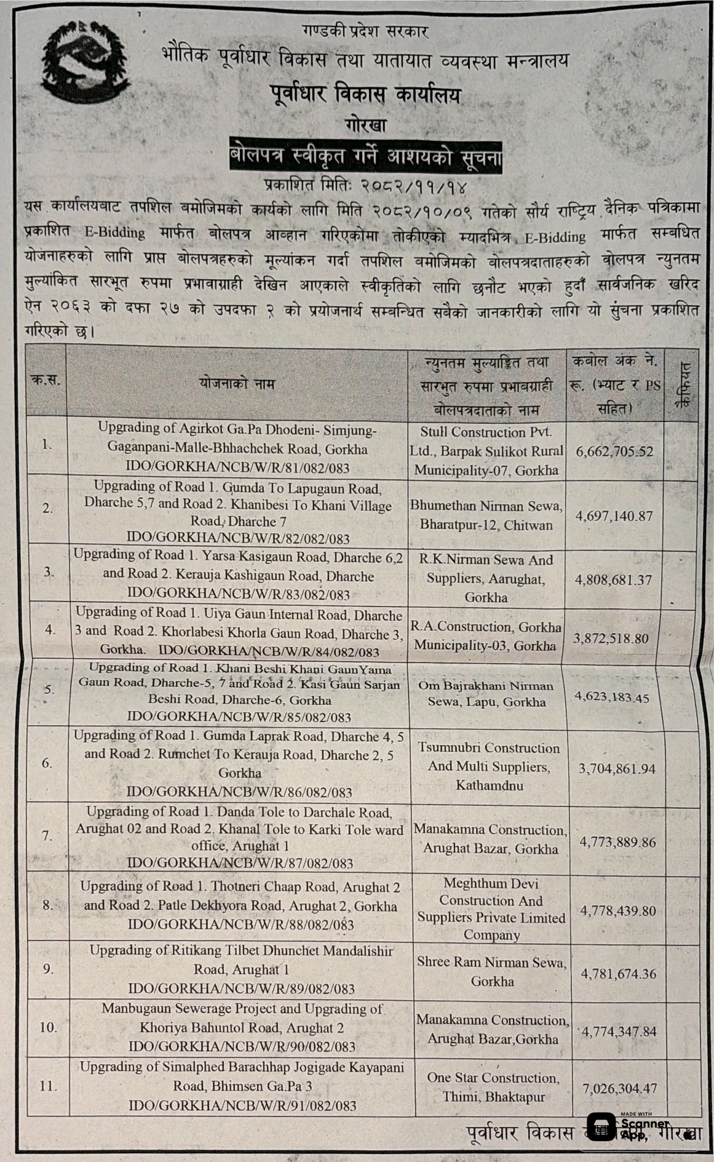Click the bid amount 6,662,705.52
click(614, 452)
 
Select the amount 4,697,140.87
click(614, 516)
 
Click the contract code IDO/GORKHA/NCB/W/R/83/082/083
click(238, 594)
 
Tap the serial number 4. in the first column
click(50, 630)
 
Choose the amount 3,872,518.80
click(611, 639)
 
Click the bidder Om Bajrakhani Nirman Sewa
click(486, 693)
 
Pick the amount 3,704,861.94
click(617, 768)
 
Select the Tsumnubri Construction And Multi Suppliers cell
click(489, 766)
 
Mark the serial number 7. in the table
click(47, 835)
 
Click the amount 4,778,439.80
click(618, 910)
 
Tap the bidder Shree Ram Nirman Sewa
click(492, 971)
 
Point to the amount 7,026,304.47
click(620, 1088)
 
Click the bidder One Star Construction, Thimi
click(493, 1087)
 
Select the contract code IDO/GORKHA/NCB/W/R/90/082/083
click(242, 1046)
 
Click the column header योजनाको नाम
click(236, 384)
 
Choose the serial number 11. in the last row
click(48, 1086)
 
